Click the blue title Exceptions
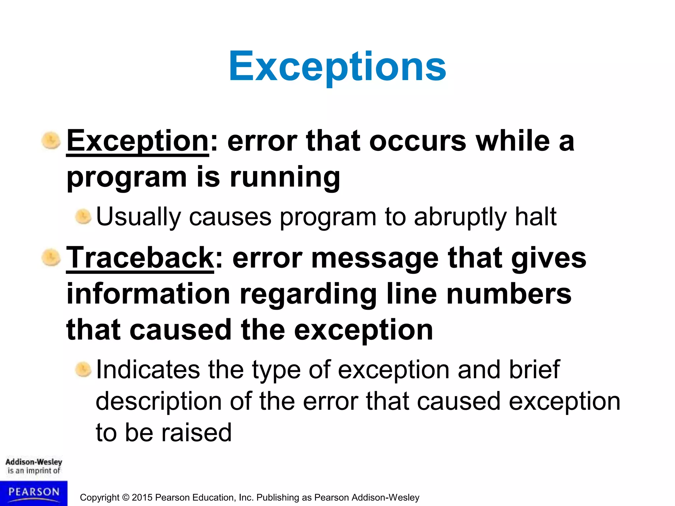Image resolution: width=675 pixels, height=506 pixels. (x=337, y=67)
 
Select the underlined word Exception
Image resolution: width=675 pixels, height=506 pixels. (x=137, y=141)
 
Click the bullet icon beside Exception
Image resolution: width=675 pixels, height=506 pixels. (x=51, y=141)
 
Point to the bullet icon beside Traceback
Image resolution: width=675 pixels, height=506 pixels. (x=51, y=258)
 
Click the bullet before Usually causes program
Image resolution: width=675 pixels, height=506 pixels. (x=83, y=217)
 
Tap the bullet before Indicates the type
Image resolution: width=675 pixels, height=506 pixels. (x=83, y=369)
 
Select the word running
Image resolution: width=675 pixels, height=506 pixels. (x=285, y=177)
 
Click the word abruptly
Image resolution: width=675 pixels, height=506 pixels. (x=460, y=217)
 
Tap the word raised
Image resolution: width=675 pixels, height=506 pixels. (x=196, y=432)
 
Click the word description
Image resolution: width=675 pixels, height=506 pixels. (x=158, y=402)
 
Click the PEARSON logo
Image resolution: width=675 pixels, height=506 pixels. (x=34, y=493)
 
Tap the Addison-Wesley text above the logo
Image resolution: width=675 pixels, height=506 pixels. (x=34, y=462)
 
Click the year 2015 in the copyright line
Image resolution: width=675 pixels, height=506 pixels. (x=142, y=497)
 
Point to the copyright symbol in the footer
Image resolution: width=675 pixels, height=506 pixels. (x=126, y=497)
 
